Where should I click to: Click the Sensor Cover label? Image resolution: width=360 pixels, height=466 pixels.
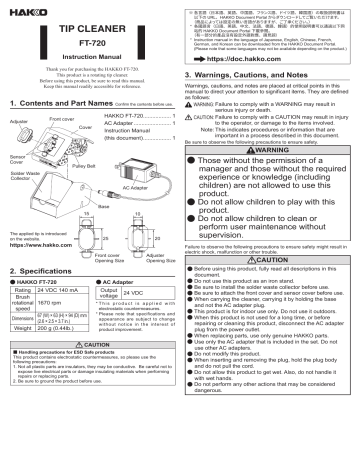[20, 160]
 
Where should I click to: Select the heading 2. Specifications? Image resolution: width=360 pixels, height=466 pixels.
[46, 299]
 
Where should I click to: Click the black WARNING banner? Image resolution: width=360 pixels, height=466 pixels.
[266, 151]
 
